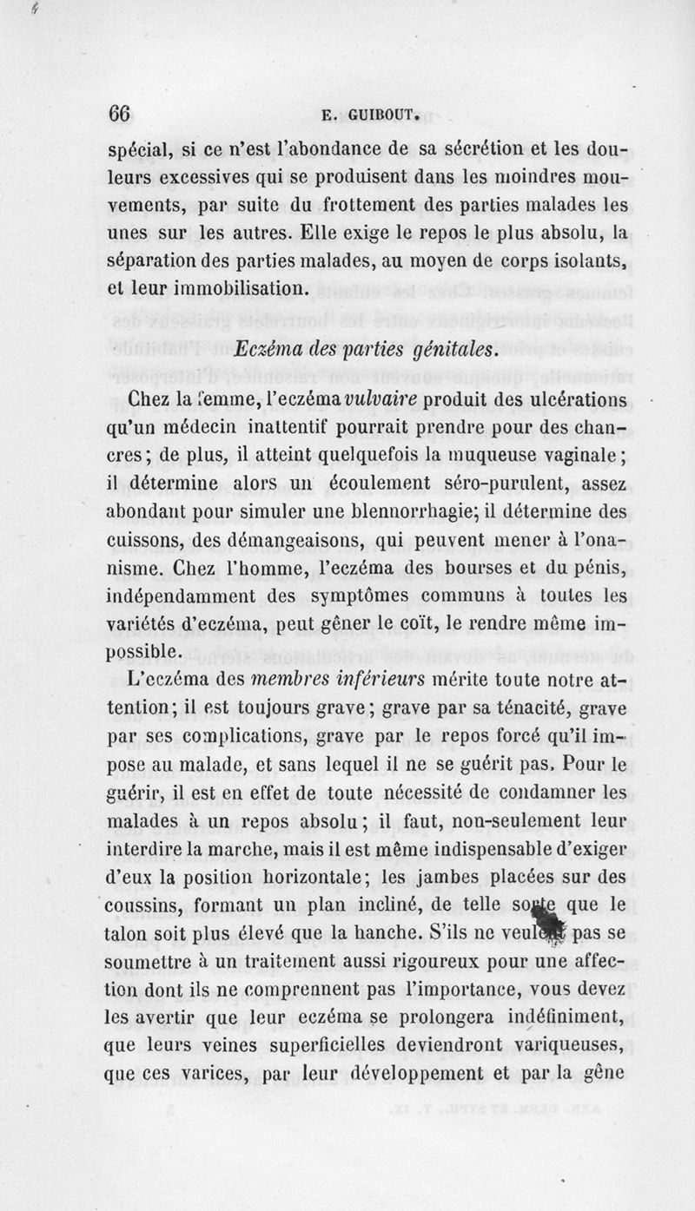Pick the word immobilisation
click(228, 287)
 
